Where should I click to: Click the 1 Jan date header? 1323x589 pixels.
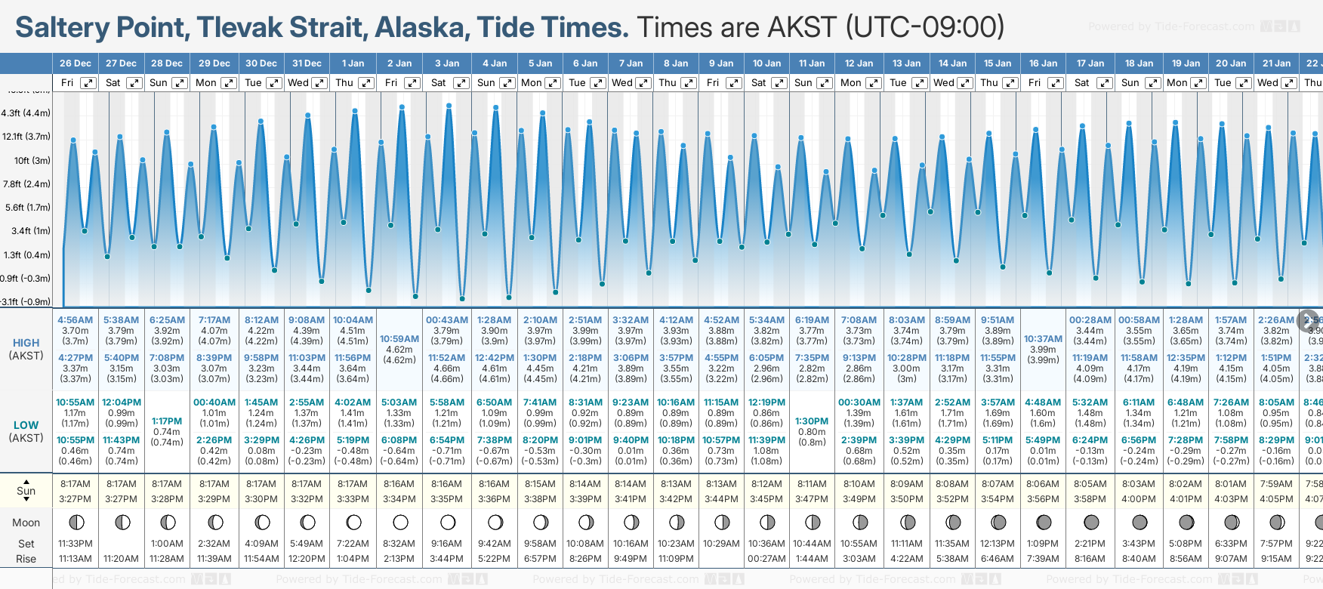click(x=353, y=63)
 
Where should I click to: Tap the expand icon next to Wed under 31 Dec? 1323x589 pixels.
click(x=319, y=83)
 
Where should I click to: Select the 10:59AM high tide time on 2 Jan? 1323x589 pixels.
click(x=399, y=339)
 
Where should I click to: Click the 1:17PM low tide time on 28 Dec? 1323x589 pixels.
click(x=167, y=421)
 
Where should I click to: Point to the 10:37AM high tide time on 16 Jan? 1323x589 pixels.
click(x=1043, y=339)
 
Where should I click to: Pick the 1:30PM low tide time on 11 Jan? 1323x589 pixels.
click(x=812, y=421)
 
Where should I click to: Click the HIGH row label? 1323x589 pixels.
click(x=26, y=343)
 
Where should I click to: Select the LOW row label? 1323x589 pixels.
click(x=26, y=425)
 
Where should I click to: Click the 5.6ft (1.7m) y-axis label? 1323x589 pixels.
click(x=27, y=207)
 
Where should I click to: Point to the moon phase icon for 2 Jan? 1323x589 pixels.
click(x=400, y=522)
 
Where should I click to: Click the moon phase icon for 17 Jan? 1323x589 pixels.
click(x=1091, y=522)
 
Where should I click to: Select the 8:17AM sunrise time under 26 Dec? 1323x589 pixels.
click(x=76, y=484)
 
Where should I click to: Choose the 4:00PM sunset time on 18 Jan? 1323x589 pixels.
click(x=1138, y=499)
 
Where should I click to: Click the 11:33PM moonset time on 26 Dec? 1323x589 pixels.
click(x=76, y=544)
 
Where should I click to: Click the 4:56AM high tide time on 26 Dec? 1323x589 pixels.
click(x=76, y=320)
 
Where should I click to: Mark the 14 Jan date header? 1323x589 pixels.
click(x=952, y=63)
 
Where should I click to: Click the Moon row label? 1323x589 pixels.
click(x=26, y=523)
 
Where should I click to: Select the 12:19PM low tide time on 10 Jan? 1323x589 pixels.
click(x=766, y=402)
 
